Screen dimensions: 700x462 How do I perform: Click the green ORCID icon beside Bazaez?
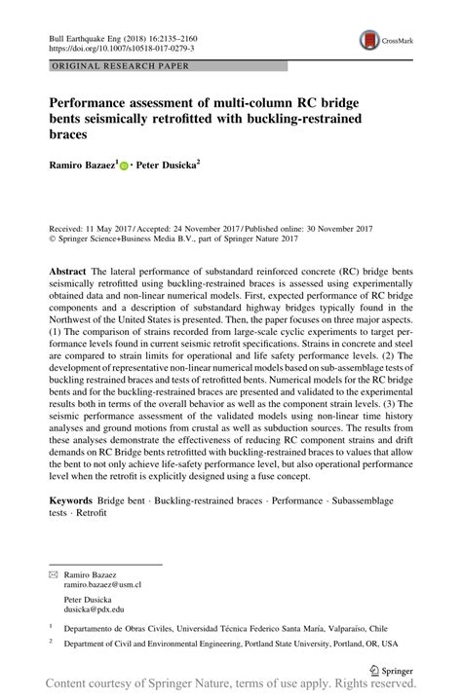(x=124, y=167)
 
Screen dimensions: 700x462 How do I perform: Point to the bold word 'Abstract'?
(x=70, y=267)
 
